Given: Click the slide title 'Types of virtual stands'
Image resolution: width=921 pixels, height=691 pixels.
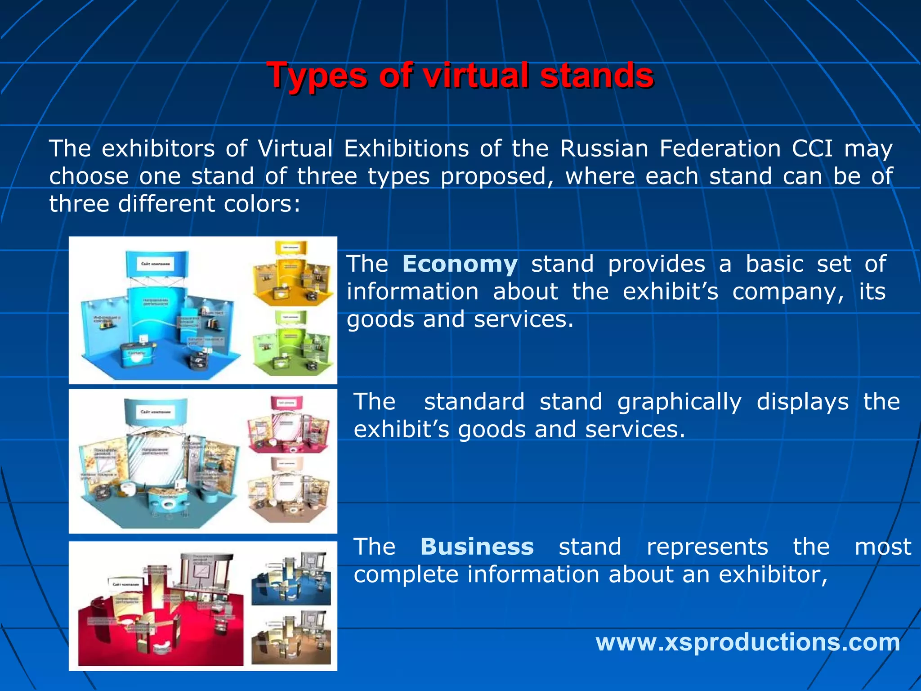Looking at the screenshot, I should (460, 75).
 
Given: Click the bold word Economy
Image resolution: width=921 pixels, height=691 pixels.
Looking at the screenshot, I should (460, 264).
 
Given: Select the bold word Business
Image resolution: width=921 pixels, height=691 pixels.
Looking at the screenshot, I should (477, 547).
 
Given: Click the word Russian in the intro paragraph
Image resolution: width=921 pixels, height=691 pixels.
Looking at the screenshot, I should (604, 148).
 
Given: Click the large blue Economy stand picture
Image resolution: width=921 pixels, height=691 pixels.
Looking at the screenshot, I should (157, 315).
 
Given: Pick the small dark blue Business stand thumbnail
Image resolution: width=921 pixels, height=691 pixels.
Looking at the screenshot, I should (291, 580).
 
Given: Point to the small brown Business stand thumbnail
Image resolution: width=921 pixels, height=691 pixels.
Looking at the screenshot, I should (291, 639).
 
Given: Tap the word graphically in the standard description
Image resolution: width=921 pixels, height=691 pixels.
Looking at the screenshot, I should (679, 401).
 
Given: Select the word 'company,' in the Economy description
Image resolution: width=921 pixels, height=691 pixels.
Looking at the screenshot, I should (788, 292).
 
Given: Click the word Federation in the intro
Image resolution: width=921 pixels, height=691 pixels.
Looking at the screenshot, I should (720, 148).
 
